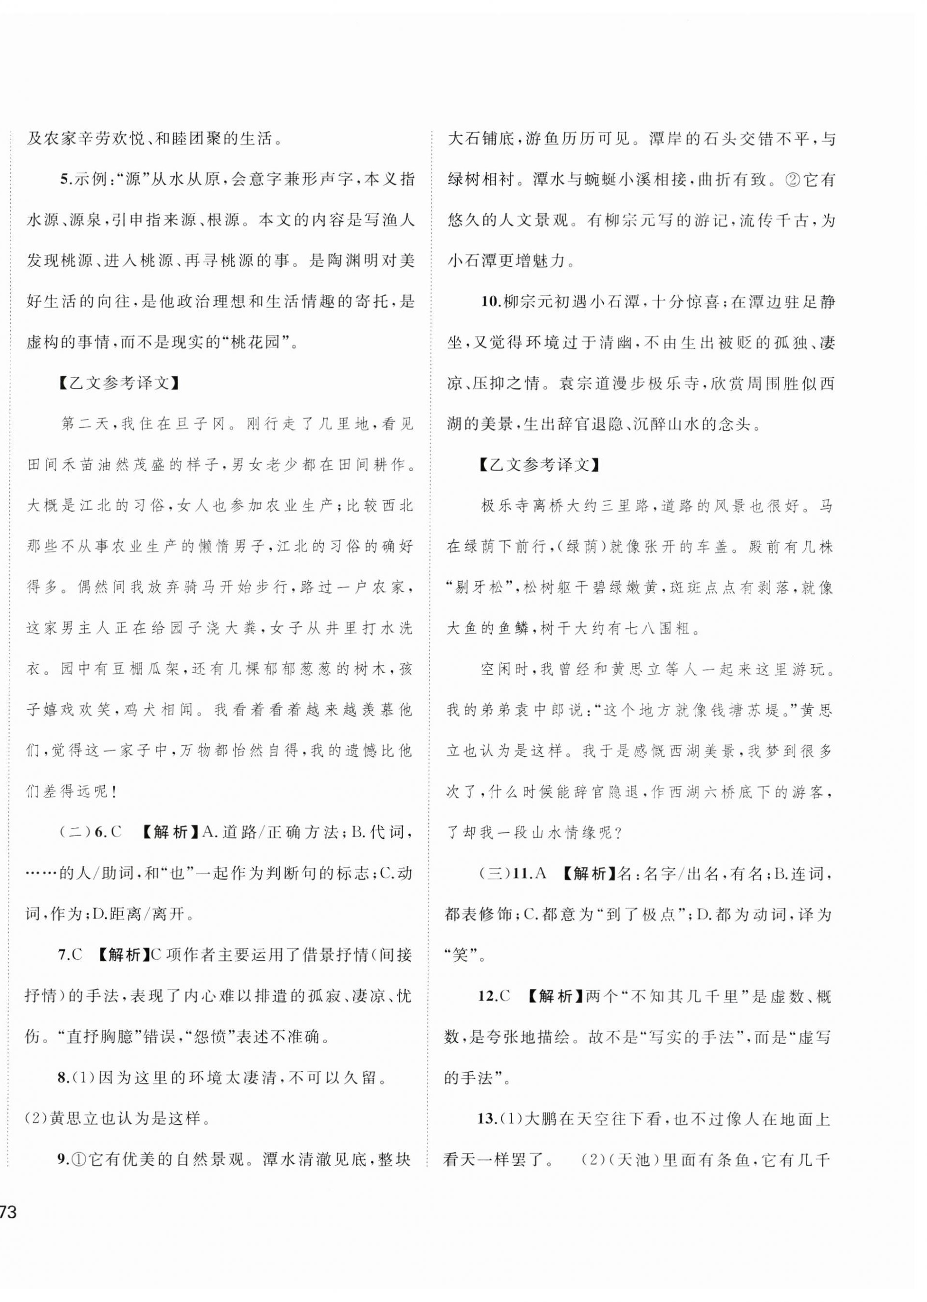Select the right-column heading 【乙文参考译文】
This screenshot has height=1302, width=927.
pos(539,464)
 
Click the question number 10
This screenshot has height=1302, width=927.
pos(490,301)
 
